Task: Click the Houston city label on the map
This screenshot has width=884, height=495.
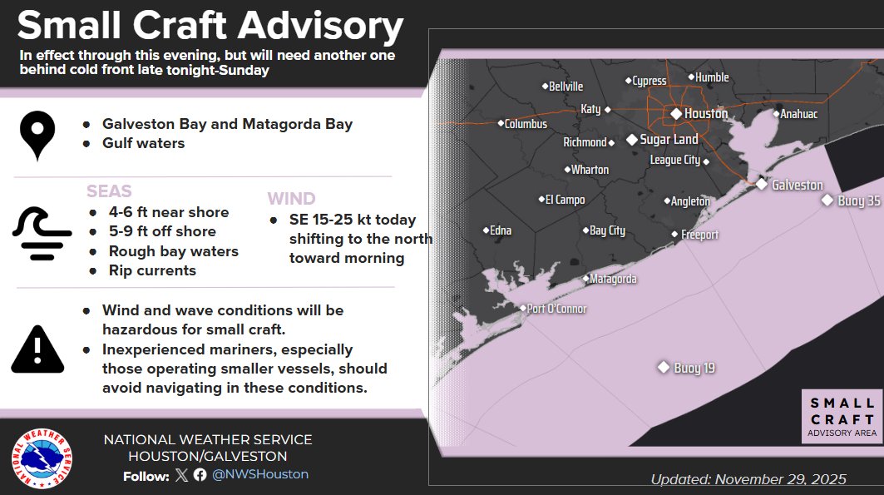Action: (x=705, y=113)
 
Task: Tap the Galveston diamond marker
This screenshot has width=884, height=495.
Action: (x=761, y=184)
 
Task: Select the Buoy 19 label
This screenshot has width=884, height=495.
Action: (x=694, y=368)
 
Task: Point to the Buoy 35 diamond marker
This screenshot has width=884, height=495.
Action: (x=827, y=200)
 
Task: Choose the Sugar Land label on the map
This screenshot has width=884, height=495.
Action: (x=669, y=140)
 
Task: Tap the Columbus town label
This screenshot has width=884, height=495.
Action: (x=526, y=124)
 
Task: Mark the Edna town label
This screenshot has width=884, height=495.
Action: (x=500, y=230)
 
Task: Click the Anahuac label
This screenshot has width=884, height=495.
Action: (x=799, y=114)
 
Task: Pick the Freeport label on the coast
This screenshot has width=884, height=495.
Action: (x=699, y=235)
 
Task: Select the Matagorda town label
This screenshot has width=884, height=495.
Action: (x=613, y=280)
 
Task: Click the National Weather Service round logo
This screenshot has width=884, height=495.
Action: (x=41, y=459)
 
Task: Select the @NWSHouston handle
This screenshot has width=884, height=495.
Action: (x=260, y=474)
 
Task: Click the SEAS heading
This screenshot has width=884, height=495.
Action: (x=109, y=192)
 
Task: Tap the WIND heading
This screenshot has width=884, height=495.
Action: (x=291, y=199)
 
